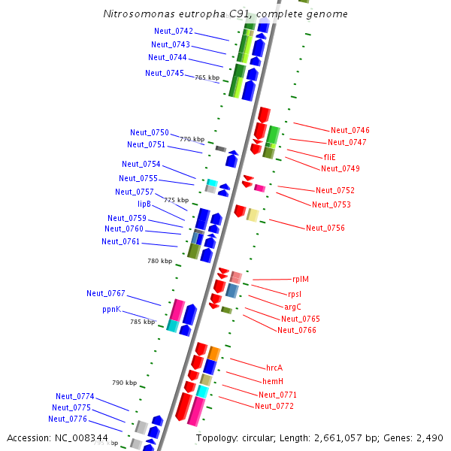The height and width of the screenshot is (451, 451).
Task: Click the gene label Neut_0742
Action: coord(174,32)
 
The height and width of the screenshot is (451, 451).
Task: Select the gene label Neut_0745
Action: coord(165,73)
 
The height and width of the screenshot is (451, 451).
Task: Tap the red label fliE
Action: coord(329,157)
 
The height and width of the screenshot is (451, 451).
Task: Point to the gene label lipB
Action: coord(144,204)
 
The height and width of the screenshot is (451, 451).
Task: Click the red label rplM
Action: coord(300,280)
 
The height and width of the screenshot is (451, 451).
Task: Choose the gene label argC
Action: coord(292,307)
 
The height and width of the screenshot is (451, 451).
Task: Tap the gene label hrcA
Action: coord(274,368)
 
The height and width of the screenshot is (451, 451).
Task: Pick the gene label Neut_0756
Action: coord(325,228)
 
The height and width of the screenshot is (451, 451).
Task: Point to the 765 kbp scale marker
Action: coord(207,77)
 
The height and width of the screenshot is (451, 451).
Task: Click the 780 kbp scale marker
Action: coord(159,261)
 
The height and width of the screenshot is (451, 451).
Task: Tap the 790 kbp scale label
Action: coord(125,383)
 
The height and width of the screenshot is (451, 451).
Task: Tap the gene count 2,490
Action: coord(429,437)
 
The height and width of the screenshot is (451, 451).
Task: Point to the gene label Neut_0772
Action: coord(274,406)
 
